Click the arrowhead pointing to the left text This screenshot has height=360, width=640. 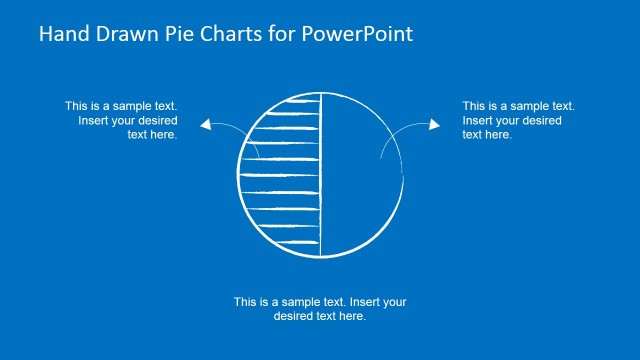click(x=205, y=124)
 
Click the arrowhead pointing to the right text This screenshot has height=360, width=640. click(x=435, y=124)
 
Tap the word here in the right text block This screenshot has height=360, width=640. click(x=498, y=135)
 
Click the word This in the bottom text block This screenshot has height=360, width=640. click(x=246, y=301)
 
